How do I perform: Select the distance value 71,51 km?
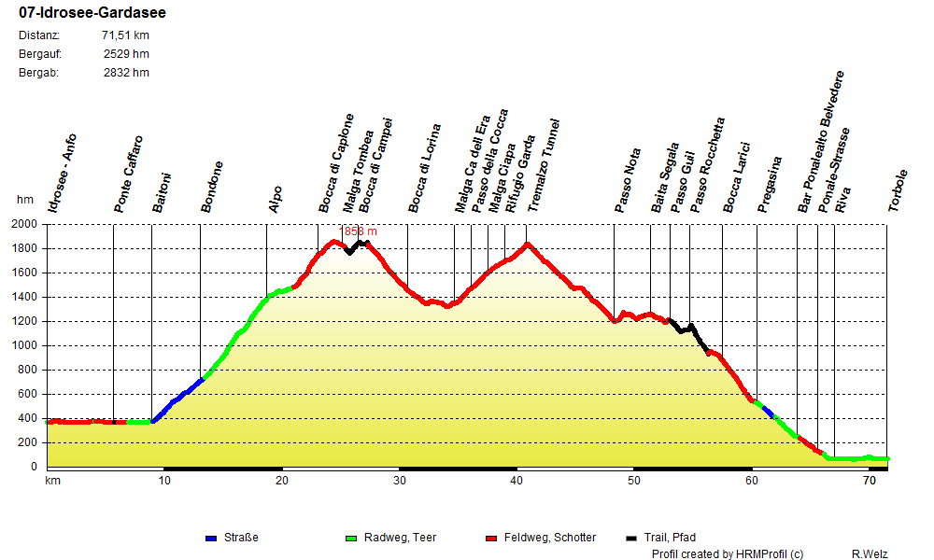(x=125, y=35)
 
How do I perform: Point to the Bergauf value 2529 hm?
(x=126, y=53)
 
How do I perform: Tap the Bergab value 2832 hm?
(x=126, y=72)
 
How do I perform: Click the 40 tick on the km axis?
(x=517, y=480)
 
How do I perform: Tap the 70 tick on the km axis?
(x=869, y=480)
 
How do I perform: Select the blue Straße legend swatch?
(x=211, y=539)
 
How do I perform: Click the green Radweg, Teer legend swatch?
(x=351, y=539)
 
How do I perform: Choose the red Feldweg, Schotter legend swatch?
(x=491, y=539)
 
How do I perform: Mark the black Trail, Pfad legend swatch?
(x=631, y=539)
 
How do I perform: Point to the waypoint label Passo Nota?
(x=628, y=181)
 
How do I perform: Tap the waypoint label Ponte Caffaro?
(x=128, y=175)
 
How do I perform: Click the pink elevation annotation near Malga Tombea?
(x=361, y=231)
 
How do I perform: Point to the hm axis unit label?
(x=25, y=200)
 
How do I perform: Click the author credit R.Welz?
(x=870, y=553)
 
